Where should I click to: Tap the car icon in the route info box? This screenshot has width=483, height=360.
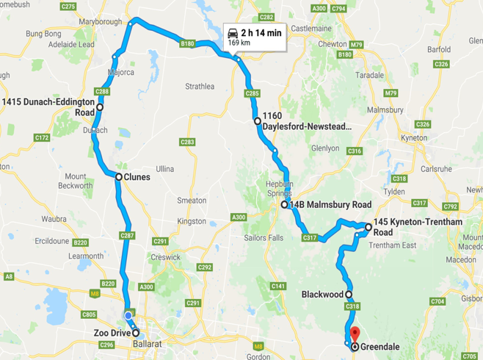tap(233, 33)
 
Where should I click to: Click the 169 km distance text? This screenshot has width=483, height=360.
tap(239, 43)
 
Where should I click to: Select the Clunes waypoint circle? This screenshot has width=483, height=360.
tap(118, 176)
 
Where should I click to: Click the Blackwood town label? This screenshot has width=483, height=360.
tap(322, 294)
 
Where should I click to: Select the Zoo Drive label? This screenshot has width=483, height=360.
tap(112, 333)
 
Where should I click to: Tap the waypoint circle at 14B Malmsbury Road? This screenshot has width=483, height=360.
tap(285, 205)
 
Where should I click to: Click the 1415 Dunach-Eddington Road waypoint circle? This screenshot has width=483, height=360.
tap(99, 107)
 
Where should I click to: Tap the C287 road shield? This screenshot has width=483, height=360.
tap(126, 236)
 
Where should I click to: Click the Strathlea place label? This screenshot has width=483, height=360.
tap(200, 86)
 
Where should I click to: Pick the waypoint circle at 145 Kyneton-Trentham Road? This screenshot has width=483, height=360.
tap(368, 227)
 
